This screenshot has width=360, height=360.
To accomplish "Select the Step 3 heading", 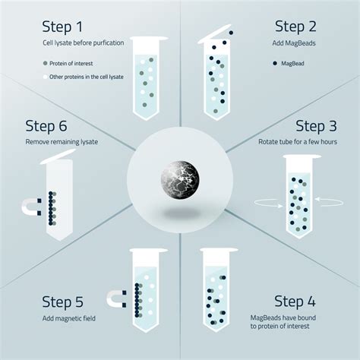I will click(x=319, y=125).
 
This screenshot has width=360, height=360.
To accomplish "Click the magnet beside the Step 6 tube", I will click(x=31, y=208).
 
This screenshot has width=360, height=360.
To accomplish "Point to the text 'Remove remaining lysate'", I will click(x=62, y=142).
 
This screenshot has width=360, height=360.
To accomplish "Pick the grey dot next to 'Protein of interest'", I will click(x=46, y=63).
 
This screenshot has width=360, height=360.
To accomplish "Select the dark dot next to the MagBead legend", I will click(x=273, y=63).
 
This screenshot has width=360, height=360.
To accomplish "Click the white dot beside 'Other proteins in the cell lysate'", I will click(x=46, y=77).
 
